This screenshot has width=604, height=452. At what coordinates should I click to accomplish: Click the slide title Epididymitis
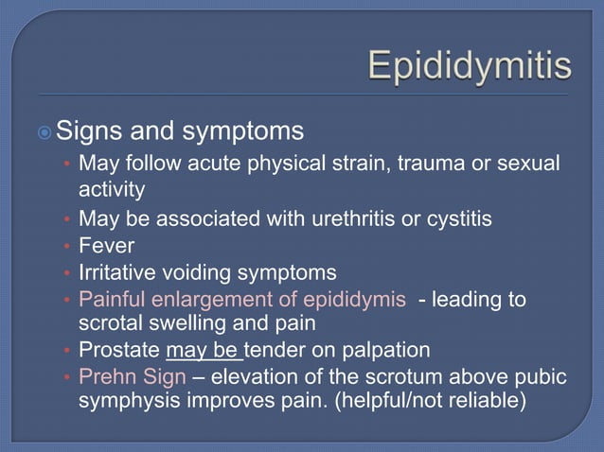click(x=469, y=65)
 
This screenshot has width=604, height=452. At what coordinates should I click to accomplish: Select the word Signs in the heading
click(x=92, y=129)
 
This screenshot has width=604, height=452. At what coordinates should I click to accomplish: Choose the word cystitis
click(x=457, y=219)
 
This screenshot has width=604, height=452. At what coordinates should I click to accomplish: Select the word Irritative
click(x=120, y=272)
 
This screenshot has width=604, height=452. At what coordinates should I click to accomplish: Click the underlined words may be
click(x=204, y=351)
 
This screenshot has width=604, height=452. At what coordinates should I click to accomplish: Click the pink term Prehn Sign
click(x=132, y=377)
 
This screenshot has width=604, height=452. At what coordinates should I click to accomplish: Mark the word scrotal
click(x=111, y=324)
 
